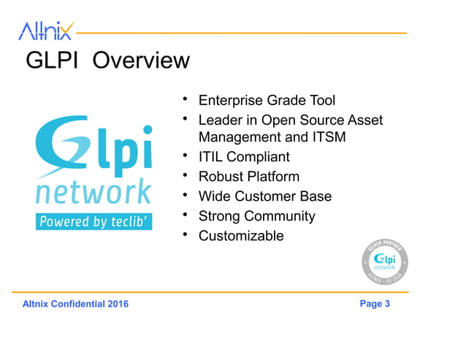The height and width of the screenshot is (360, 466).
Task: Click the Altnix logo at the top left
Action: [x=45, y=31]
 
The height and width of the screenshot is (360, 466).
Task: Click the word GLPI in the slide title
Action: [x=54, y=60]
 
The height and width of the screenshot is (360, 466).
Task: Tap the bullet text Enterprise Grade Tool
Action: [x=267, y=100]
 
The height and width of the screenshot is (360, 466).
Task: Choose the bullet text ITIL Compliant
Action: [x=244, y=157]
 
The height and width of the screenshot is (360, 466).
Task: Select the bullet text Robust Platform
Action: [x=248, y=177]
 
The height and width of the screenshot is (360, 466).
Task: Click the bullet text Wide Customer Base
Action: [x=264, y=196]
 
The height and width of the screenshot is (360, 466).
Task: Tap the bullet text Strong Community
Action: [x=256, y=216]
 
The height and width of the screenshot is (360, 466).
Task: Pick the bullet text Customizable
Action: [x=241, y=236]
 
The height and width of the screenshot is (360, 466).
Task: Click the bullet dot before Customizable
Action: [x=186, y=234]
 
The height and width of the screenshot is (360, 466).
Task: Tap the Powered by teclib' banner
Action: [x=93, y=221]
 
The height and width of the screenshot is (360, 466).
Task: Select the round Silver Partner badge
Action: [x=385, y=262]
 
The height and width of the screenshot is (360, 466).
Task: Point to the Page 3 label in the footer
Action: [x=375, y=304]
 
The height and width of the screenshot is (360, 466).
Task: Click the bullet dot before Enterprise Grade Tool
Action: [x=186, y=99]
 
